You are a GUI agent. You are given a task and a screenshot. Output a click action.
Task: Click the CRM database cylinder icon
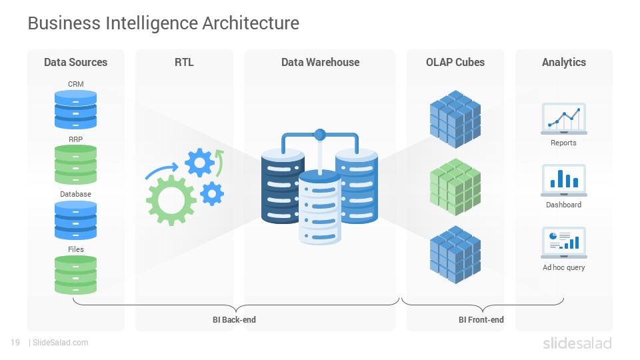pos(75,109)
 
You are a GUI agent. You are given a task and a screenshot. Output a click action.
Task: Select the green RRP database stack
pos(75,165)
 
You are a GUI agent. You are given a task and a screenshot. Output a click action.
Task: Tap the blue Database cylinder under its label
pos(75,221)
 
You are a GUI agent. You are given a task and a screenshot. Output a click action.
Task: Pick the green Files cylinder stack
pos(75,275)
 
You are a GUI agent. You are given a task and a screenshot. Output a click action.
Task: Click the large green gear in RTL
pos(171,200)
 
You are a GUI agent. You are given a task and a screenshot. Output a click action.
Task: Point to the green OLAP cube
pos(455,187)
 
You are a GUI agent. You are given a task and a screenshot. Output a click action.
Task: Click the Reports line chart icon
pos(564,119)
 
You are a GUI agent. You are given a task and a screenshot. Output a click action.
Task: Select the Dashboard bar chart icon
pos(564,180)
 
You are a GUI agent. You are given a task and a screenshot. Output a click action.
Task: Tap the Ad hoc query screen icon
pos(564,243)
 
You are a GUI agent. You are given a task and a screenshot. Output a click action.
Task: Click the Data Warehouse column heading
pos(321,62)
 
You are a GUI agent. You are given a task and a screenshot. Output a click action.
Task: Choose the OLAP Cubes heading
pos(455,62)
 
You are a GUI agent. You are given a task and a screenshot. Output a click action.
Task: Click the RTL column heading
pos(184,62)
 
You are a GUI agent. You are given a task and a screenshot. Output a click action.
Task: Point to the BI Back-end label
pos(234,319)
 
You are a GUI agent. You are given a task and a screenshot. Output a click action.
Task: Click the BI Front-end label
pos(481,319)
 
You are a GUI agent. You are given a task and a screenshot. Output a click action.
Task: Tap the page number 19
pos(15,343)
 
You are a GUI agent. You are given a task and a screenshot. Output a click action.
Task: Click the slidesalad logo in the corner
pos(577,343)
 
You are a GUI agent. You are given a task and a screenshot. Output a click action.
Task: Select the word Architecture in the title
pos(251,23)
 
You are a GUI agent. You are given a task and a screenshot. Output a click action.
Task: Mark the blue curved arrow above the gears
pos(161,171)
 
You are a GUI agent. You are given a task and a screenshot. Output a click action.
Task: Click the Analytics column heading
pos(564,62)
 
